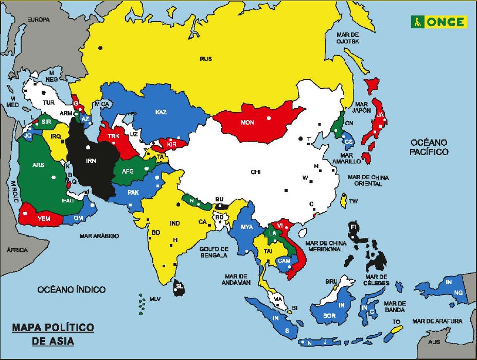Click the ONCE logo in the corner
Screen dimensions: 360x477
click(438, 22)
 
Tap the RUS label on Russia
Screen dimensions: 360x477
click(206, 59)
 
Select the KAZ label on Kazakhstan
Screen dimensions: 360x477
click(161, 112)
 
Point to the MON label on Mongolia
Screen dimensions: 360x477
click(248, 123)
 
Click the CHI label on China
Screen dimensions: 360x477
click(256, 172)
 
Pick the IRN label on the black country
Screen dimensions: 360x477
click(91, 161)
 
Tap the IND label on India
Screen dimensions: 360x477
click(175, 223)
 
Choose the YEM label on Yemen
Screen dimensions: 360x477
click(44, 218)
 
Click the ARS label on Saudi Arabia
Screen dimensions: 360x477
click(38, 165)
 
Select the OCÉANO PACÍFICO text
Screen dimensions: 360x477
click(429, 147)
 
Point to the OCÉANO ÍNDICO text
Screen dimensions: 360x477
click(72, 290)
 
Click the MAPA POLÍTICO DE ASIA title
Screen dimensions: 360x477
click(53, 334)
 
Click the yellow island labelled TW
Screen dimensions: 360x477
click(343, 200)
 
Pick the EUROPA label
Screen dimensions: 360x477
click(38, 20)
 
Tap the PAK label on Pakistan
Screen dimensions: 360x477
click(133, 193)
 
